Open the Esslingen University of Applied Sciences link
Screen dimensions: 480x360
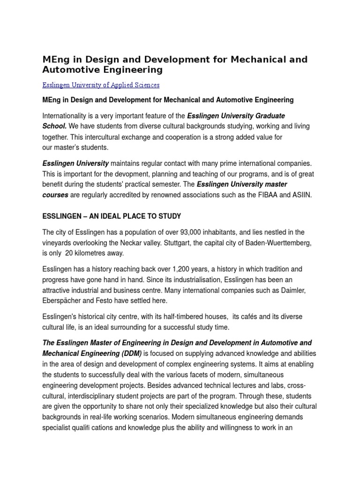pos(101,85)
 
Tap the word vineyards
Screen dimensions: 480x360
pos(59,243)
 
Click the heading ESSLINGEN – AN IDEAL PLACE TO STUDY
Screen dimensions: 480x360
pos(112,216)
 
